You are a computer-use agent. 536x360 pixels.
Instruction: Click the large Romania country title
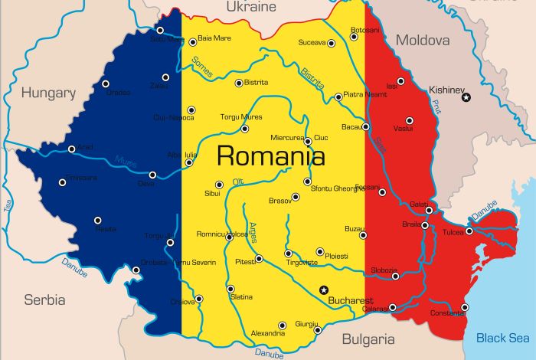click(270, 156)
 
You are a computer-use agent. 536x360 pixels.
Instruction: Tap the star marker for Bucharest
click(323, 290)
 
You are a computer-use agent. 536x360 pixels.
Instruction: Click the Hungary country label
click(48, 93)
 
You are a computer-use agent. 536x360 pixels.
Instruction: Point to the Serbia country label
click(44, 299)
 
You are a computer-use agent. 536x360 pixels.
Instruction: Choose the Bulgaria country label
click(368, 339)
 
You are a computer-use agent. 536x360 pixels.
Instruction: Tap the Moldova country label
click(422, 40)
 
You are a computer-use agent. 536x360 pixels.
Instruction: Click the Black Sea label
click(502, 338)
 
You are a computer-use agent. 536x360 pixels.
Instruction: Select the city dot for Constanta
click(465, 307)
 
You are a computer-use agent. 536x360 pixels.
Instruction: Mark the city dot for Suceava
click(332, 44)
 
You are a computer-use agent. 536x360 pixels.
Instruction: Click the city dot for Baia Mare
click(191, 37)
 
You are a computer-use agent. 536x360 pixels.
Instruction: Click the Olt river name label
click(239, 182)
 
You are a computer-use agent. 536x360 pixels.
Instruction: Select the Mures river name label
click(126, 162)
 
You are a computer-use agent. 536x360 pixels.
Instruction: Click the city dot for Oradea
click(106, 83)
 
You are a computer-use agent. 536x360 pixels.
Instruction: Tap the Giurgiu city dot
click(317, 330)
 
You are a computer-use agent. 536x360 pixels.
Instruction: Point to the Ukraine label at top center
click(250, 7)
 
